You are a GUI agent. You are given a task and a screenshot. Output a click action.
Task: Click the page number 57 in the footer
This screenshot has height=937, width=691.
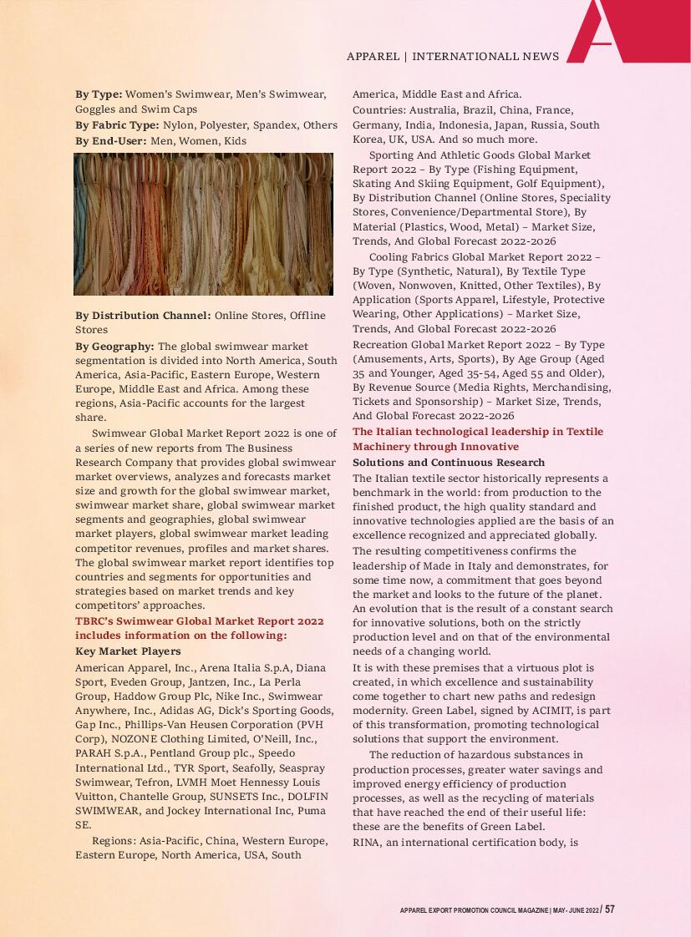(x=610, y=909)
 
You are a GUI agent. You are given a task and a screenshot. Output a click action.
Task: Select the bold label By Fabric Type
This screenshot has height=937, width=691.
(x=117, y=125)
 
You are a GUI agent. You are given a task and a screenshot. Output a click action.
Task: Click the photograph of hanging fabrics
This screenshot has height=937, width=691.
(x=203, y=224)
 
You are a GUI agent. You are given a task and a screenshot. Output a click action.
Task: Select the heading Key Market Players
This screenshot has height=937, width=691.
(x=128, y=651)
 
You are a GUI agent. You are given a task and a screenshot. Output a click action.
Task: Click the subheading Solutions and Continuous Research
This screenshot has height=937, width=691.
(x=449, y=463)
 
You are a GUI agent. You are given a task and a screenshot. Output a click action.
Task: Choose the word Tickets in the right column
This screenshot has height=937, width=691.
(x=373, y=401)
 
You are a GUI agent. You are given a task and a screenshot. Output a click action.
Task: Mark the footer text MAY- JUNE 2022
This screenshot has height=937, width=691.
(x=576, y=910)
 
